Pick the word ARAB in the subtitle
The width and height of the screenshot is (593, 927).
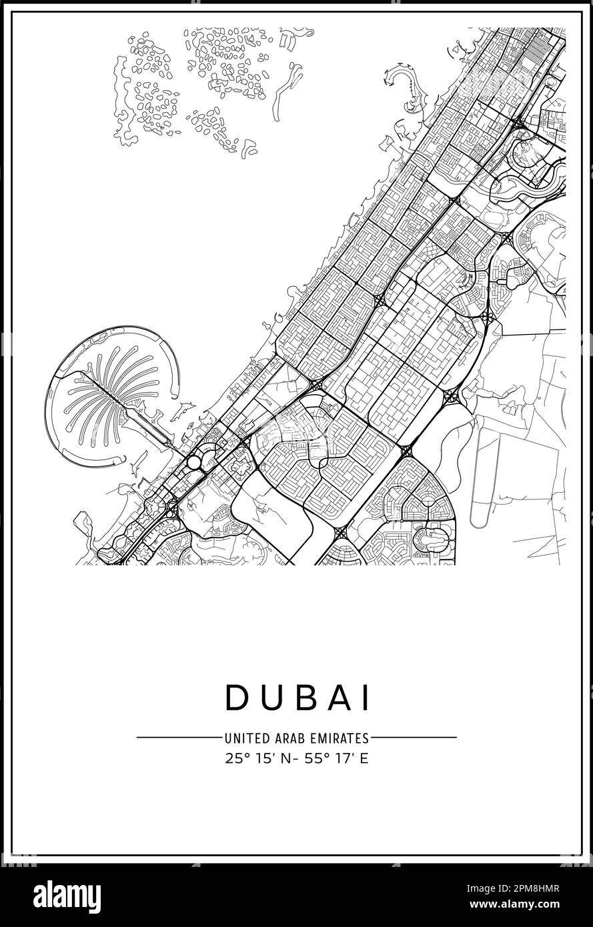pos(285,738)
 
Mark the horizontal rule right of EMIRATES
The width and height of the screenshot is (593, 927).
pos(414,738)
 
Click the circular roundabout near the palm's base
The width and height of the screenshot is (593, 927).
pos(193,462)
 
